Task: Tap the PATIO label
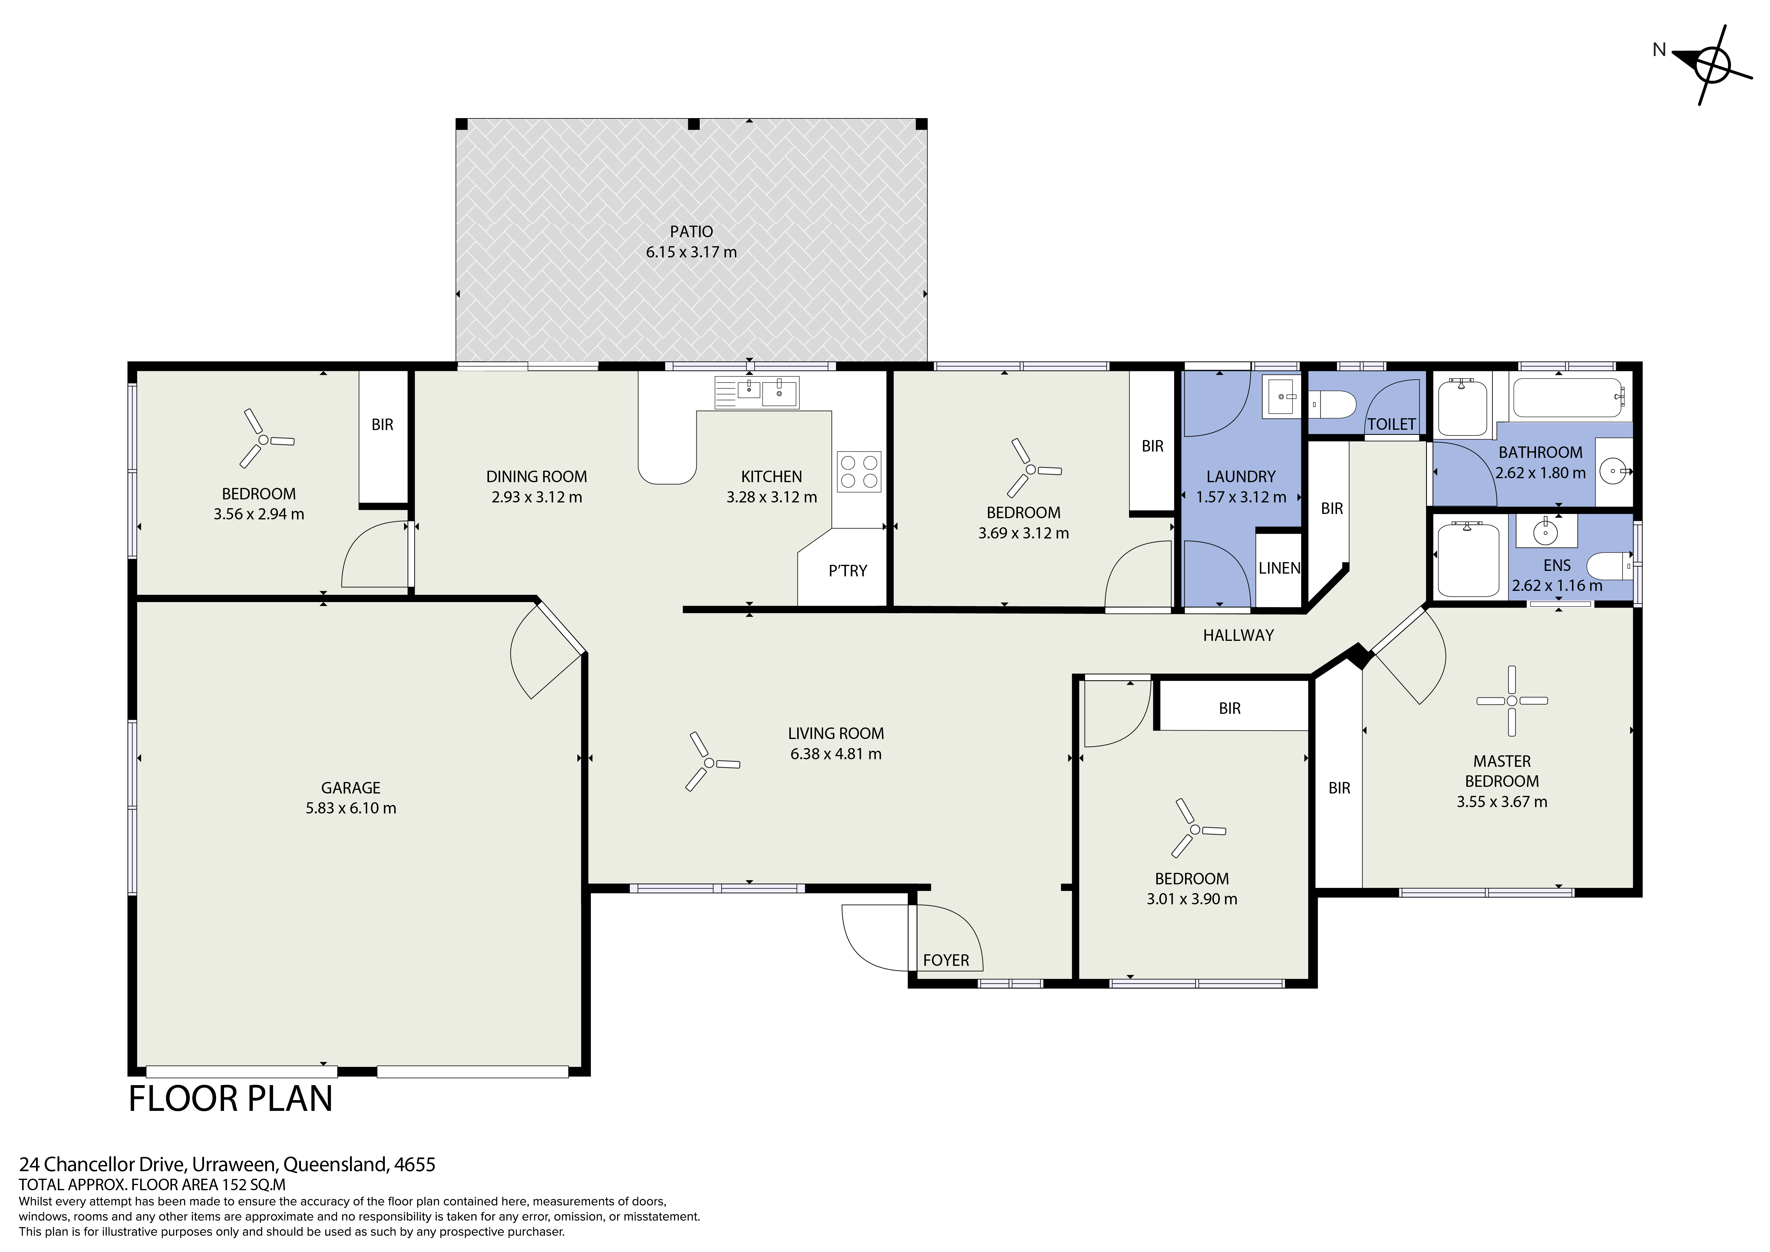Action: coord(692,231)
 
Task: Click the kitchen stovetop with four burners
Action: coord(859,472)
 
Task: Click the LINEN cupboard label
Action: coord(1280,568)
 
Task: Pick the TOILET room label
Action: coord(1392,424)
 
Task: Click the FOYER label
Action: coord(946,961)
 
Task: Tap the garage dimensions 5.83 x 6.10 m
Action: coord(351,808)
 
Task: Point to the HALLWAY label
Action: coord(1238,635)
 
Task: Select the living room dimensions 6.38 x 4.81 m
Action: coord(836,754)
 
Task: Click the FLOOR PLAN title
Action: coord(230,1098)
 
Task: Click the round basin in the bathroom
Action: coord(1613,469)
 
